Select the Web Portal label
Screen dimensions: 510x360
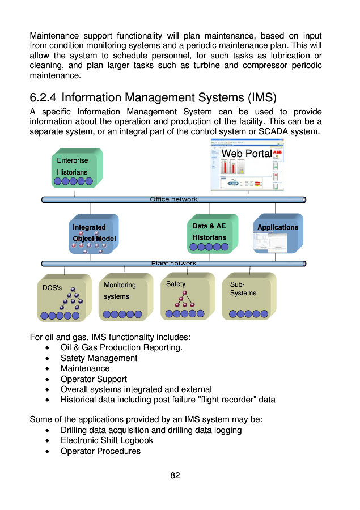click(x=246, y=154)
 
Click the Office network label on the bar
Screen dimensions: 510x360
click(x=173, y=199)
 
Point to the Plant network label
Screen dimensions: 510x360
click(x=173, y=263)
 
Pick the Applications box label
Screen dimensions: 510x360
click(x=278, y=227)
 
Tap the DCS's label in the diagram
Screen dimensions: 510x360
click(x=52, y=288)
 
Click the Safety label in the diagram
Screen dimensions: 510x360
click(x=176, y=284)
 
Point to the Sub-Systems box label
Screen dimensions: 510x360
click(x=243, y=288)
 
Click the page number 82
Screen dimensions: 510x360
click(x=175, y=475)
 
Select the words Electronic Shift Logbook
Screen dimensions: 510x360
click(x=107, y=440)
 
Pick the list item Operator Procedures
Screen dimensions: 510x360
click(x=100, y=451)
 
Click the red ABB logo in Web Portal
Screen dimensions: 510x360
click(x=278, y=152)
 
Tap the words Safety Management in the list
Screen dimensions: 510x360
click(x=99, y=358)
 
